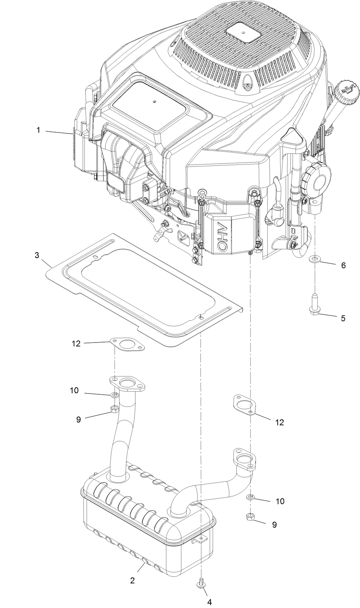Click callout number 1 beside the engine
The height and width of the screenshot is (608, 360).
pyautogui.click(x=38, y=130)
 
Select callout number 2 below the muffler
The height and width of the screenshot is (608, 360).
pyautogui.click(x=132, y=581)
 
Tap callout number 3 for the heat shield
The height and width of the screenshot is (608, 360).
pyautogui.click(x=37, y=256)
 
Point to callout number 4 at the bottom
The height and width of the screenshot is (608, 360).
pyautogui.click(x=209, y=602)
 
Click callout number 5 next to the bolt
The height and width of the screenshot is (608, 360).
pyautogui.click(x=343, y=318)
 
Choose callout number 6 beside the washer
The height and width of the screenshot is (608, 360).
pyautogui.click(x=343, y=265)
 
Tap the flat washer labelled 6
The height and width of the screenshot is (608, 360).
pyautogui.click(x=314, y=258)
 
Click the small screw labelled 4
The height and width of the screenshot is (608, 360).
pyautogui.click(x=200, y=584)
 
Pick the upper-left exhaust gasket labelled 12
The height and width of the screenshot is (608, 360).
pyautogui.click(x=127, y=343)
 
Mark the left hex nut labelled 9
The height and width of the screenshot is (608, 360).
pyautogui.click(x=114, y=409)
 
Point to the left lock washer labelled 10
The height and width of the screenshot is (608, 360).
pyautogui.click(x=114, y=395)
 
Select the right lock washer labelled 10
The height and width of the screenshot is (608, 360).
pyautogui.click(x=251, y=497)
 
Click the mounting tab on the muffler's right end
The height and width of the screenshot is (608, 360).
pyautogui.click(x=199, y=540)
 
